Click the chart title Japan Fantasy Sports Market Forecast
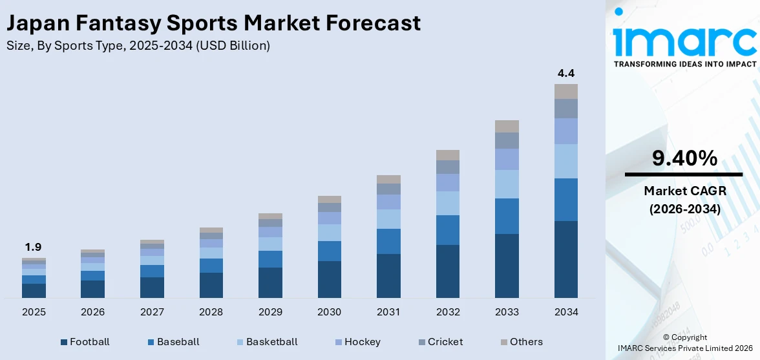(x=213, y=23)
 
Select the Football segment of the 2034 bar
(x=565, y=259)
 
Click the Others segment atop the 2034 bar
(x=565, y=91)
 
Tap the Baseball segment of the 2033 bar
(x=507, y=216)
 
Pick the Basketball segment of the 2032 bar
(x=447, y=203)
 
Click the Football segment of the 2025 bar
(x=34, y=290)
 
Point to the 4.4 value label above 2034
(x=565, y=73)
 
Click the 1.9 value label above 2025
(x=34, y=247)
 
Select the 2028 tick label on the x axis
(x=211, y=312)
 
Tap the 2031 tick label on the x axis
(x=388, y=312)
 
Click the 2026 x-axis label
(x=92, y=312)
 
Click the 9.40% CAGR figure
(x=684, y=158)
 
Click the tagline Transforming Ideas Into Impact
(x=684, y=64)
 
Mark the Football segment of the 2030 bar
(x=329, y=279)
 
